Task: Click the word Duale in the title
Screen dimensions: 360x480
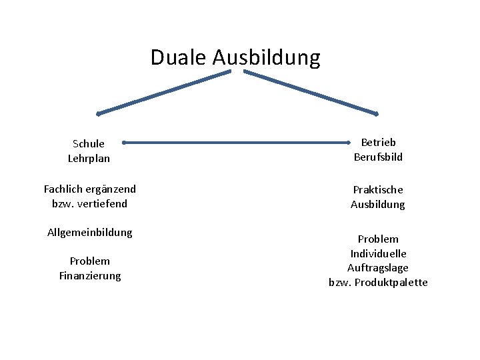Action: point(179,57)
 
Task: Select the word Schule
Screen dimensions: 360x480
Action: point(89,143)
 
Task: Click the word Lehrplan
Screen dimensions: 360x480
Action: point(89,159)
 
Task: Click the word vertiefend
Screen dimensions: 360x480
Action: point(102,203)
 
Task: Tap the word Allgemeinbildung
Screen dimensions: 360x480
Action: point(90,232)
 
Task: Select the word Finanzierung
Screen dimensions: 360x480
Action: point(90,275)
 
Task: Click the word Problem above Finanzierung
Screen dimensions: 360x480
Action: point(90,261)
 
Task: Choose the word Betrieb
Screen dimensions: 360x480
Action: point(378,142)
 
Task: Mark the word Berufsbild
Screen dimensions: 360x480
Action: point(378,157)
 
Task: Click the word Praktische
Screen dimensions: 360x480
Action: point(378,190)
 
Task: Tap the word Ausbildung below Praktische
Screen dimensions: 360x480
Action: point(378,205)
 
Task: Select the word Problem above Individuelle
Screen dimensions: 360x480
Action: point(378,239)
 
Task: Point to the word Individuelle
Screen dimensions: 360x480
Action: point(378,253)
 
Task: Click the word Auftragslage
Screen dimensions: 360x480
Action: point(378,268)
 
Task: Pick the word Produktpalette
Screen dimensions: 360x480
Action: point(391,283)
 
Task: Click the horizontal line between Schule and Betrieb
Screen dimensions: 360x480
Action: point(237,142)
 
